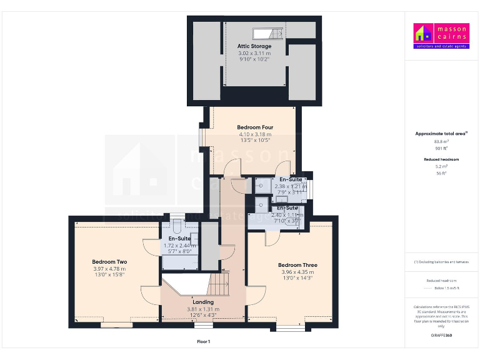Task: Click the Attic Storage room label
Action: pyautogui.click(x=254, y=46)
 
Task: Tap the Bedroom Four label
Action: pyautogui.click(x=255, y=127)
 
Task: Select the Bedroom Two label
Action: pyautogui.click(x=109, y=262)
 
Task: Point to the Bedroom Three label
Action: pyautogui.click(x=297, y=265)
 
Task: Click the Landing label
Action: pyautogui.click(x=203, y=302)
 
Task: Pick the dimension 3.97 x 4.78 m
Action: pyautogui.click(x=109, y=269)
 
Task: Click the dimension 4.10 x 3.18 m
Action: pyautogui.click(x=255, y=134)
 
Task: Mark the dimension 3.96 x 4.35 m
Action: pyautogui.click(x=297, y=272)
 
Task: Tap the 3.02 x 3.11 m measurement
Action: pyautogui.click(x=254, y=54)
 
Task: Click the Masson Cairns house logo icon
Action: pyautogui.click(x=422, y=32)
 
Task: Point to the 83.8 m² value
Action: pyautogui.click(x=441, y=142)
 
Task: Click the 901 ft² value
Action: pyautogui.click(x=441, y=149)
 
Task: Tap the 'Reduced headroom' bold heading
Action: pyautogui.click(x=441, y=160)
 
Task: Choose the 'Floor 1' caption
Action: pyautogui.click(x=203, y=341)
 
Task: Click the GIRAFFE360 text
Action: pyautogui.click(x=441, y=336)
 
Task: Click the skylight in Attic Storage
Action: pyautogui.click(x=267, y=33)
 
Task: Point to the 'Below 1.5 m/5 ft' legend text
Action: pyautogui.click(x=441, y=288)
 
